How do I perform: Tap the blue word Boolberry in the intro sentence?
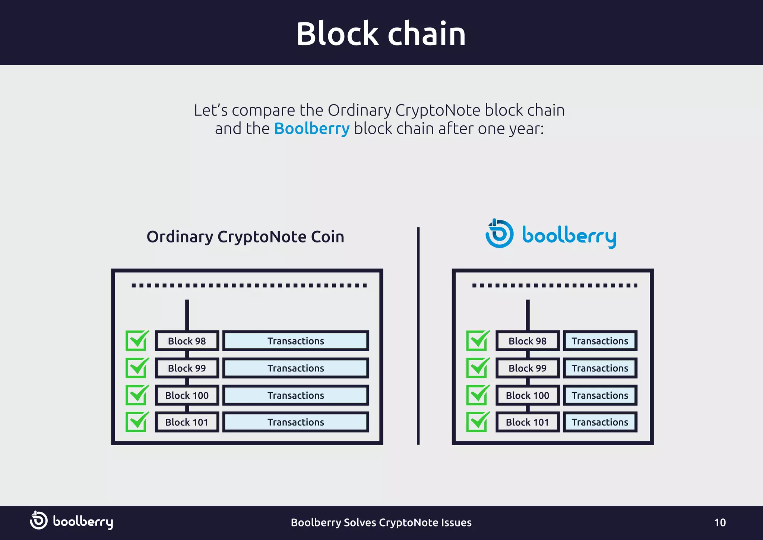click(x=312, y=129)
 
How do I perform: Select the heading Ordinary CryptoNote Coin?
click(x=245, y=237)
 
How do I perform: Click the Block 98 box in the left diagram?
click(x=187, y=341)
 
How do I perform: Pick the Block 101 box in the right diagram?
click(x=527, y=422)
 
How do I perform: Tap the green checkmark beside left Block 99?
click(x=137, y=368)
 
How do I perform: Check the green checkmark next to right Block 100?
click(x=477, y=395)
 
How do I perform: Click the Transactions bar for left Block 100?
click(x=295, y=395)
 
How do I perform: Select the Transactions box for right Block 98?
click(x=600, y=341)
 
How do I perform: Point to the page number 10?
click(x=720, y=522)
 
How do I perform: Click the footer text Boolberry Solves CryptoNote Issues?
click(x=381, y=522)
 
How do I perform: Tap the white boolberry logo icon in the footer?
click(x=38, y=521)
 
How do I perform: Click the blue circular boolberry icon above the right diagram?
click(x=499, y=234)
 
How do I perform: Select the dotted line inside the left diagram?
click(x=249, y=286)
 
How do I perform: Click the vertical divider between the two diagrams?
click(x=418, y=336)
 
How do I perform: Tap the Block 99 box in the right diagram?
click(x=527, y=368)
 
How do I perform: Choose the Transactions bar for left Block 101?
click(x=295, y=422)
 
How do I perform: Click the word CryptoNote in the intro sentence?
click(x=438, y=110)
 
